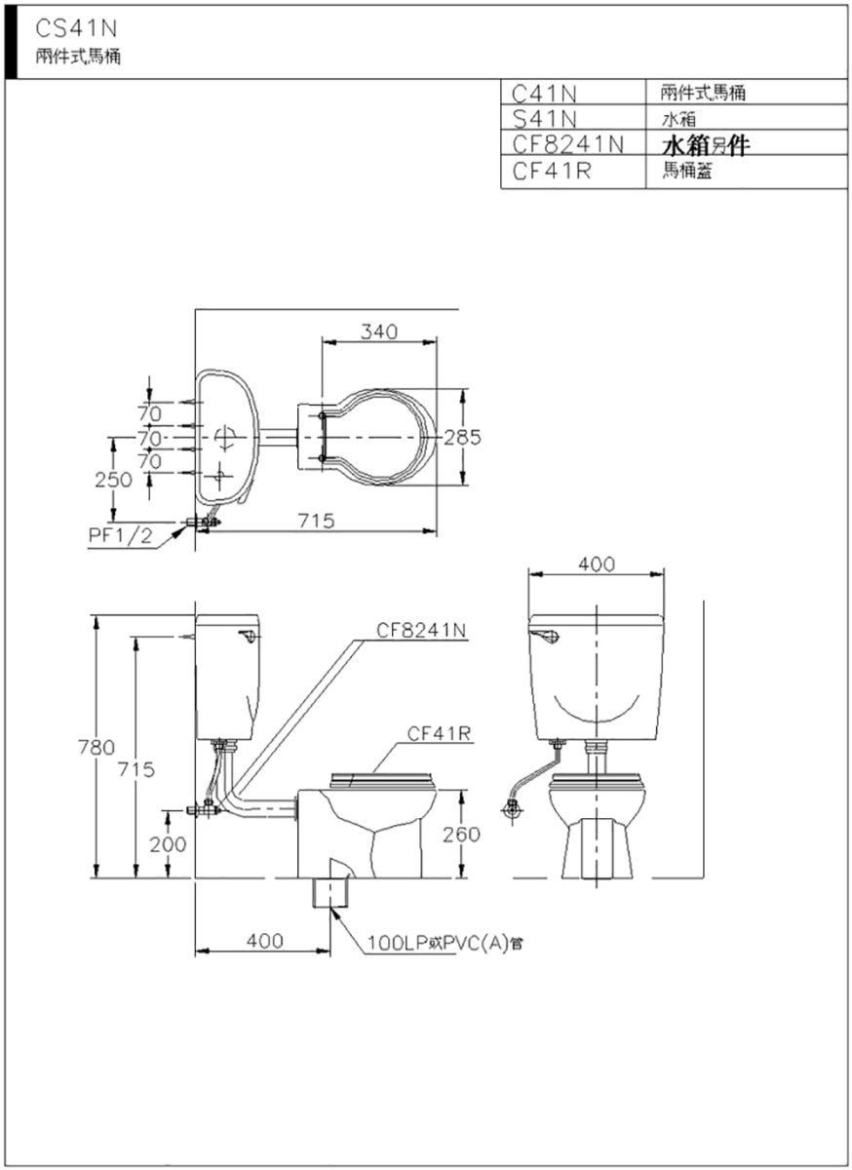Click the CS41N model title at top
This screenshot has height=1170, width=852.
[x=76, y=29]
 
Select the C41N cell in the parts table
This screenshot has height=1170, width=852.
[x=544, y=94]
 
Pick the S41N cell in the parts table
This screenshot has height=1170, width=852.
[x=544, y=120]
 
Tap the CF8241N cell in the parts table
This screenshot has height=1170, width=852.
[x=567, y=144]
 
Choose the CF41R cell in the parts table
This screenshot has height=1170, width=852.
[x=551, y=171]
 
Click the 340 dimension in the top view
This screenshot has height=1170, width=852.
[x=379, y=331]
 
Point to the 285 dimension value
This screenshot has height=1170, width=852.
[x=462, y=437]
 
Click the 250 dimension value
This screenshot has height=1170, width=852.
[x=113, y=480]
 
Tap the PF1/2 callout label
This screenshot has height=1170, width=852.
[x=120, y=536]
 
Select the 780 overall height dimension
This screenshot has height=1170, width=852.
[x=97, y=748]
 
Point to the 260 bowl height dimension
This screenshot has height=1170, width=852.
[x=461, y=835]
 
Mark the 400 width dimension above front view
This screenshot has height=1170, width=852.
[x=597, y=565]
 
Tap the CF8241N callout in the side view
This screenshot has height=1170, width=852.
[x=421, y=631]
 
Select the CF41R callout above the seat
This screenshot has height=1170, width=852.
[x=439, y=734]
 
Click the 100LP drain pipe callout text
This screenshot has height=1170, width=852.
[x=445, y=944]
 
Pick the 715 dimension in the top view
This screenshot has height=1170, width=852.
[x=317, y=521]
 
